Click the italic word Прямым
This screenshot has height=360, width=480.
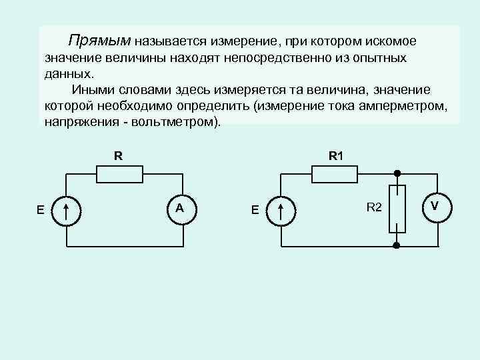(102, 41)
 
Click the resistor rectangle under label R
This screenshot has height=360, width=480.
(119, 174)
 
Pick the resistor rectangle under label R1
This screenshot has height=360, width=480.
(335, 174)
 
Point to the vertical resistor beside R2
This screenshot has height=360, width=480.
(396, 209)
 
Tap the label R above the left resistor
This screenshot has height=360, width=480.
(118, 157)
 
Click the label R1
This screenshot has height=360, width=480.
(335, 157)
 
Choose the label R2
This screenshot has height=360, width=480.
(374, 208)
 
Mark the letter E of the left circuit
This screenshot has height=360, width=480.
(41, 210)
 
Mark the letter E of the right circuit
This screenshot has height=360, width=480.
(255, 210)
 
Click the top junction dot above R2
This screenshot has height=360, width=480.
(396, 173)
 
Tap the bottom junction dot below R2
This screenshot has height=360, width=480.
(396, 246)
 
